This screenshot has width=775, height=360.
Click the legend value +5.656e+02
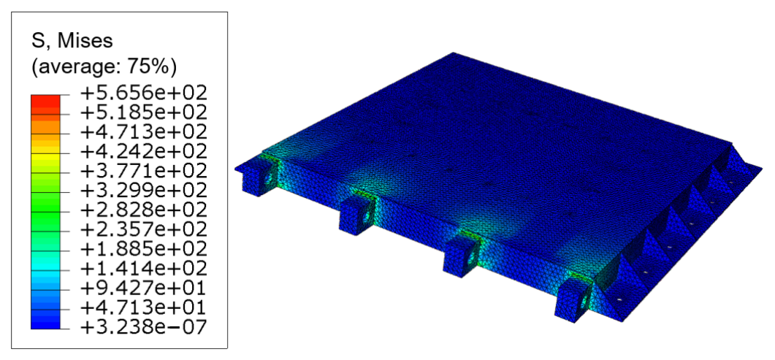pos(143,93)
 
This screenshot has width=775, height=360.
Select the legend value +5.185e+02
pos(143,112)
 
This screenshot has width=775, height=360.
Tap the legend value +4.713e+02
pos(143,132)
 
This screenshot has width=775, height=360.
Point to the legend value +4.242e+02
pos(143,151)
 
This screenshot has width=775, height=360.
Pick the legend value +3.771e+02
pos(143,171)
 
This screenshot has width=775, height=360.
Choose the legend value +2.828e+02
pos(143,210)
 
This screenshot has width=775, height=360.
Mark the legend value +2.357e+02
pos(143,229)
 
